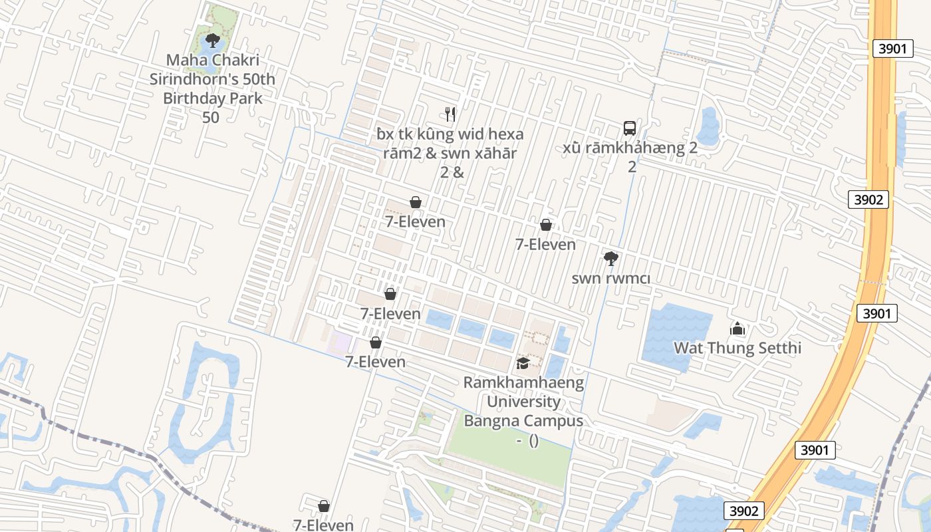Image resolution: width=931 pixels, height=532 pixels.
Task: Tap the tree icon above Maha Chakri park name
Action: (x=212, y=41)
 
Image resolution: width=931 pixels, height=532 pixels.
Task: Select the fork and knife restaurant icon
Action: (x=450, y=114)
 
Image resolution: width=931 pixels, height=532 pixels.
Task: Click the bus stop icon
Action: (x=629, y=128)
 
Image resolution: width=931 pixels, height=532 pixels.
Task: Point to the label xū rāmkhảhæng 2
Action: (x=630, y=148)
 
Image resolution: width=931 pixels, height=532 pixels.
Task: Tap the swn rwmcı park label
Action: (x=610, y=278)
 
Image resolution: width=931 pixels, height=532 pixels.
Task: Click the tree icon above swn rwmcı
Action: (x=610, y=258)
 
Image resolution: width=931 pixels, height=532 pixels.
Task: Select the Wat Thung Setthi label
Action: (x=737, y=348)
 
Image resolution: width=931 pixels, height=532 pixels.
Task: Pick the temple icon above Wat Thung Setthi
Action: (x=737, y=329)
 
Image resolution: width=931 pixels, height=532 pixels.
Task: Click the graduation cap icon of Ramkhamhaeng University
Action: (x=523, y=363)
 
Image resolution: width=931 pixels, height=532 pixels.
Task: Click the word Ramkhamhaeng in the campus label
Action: (x=523, y=382)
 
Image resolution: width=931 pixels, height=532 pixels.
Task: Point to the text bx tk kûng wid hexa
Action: (x=450, y=134)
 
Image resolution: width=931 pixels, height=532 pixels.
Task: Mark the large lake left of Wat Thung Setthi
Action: (x=672, y=336)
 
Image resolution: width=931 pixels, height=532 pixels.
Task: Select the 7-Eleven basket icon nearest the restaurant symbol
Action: (x=416, y=202)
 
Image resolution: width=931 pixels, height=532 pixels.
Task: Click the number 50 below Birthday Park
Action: (x=211, y=118)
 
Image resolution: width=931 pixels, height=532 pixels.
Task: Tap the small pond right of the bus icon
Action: (x=709, y=126)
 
